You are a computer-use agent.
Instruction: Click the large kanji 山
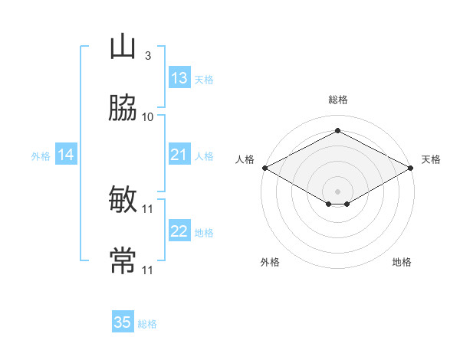pos(123,47)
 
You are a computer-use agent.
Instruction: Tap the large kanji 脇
pos(123,107)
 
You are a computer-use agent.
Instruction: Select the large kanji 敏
pos(123,199)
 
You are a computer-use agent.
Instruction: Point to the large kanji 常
pos(123,260)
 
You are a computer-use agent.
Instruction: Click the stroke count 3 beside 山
pos(148,56)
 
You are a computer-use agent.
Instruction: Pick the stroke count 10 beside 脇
pos(147,117)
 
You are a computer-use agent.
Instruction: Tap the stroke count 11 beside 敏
pos(147,209)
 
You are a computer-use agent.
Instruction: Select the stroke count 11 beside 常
pos(147,270)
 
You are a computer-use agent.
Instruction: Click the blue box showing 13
pos(179,77)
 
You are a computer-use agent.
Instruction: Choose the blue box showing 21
pos(179,154)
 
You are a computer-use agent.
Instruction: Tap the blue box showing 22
pos(179,230)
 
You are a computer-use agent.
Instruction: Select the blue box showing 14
pos(66,154)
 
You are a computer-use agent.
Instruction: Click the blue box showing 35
pos(123,321)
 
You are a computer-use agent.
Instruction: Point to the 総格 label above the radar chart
pos(338,100)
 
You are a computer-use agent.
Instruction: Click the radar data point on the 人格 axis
pos(265,168)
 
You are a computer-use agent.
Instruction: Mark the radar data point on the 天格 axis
pos(411,168)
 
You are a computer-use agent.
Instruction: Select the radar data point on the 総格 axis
pos(337,130)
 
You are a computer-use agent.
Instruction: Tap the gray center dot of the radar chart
pos(337,191)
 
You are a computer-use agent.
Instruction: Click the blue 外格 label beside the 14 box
pos(41,156)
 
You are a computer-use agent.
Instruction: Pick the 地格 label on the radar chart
pos(402,262)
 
